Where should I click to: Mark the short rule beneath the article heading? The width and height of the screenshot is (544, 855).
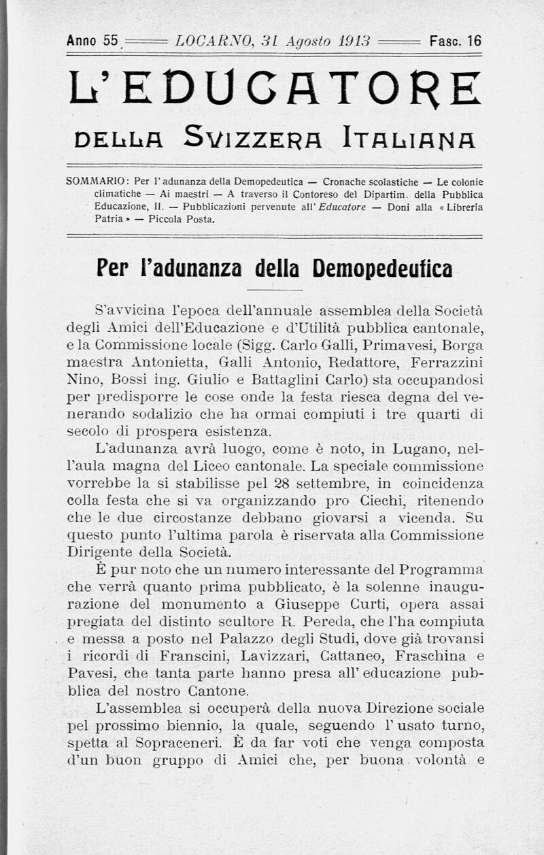(275, 289)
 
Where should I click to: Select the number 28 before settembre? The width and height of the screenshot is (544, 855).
(262, 484)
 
